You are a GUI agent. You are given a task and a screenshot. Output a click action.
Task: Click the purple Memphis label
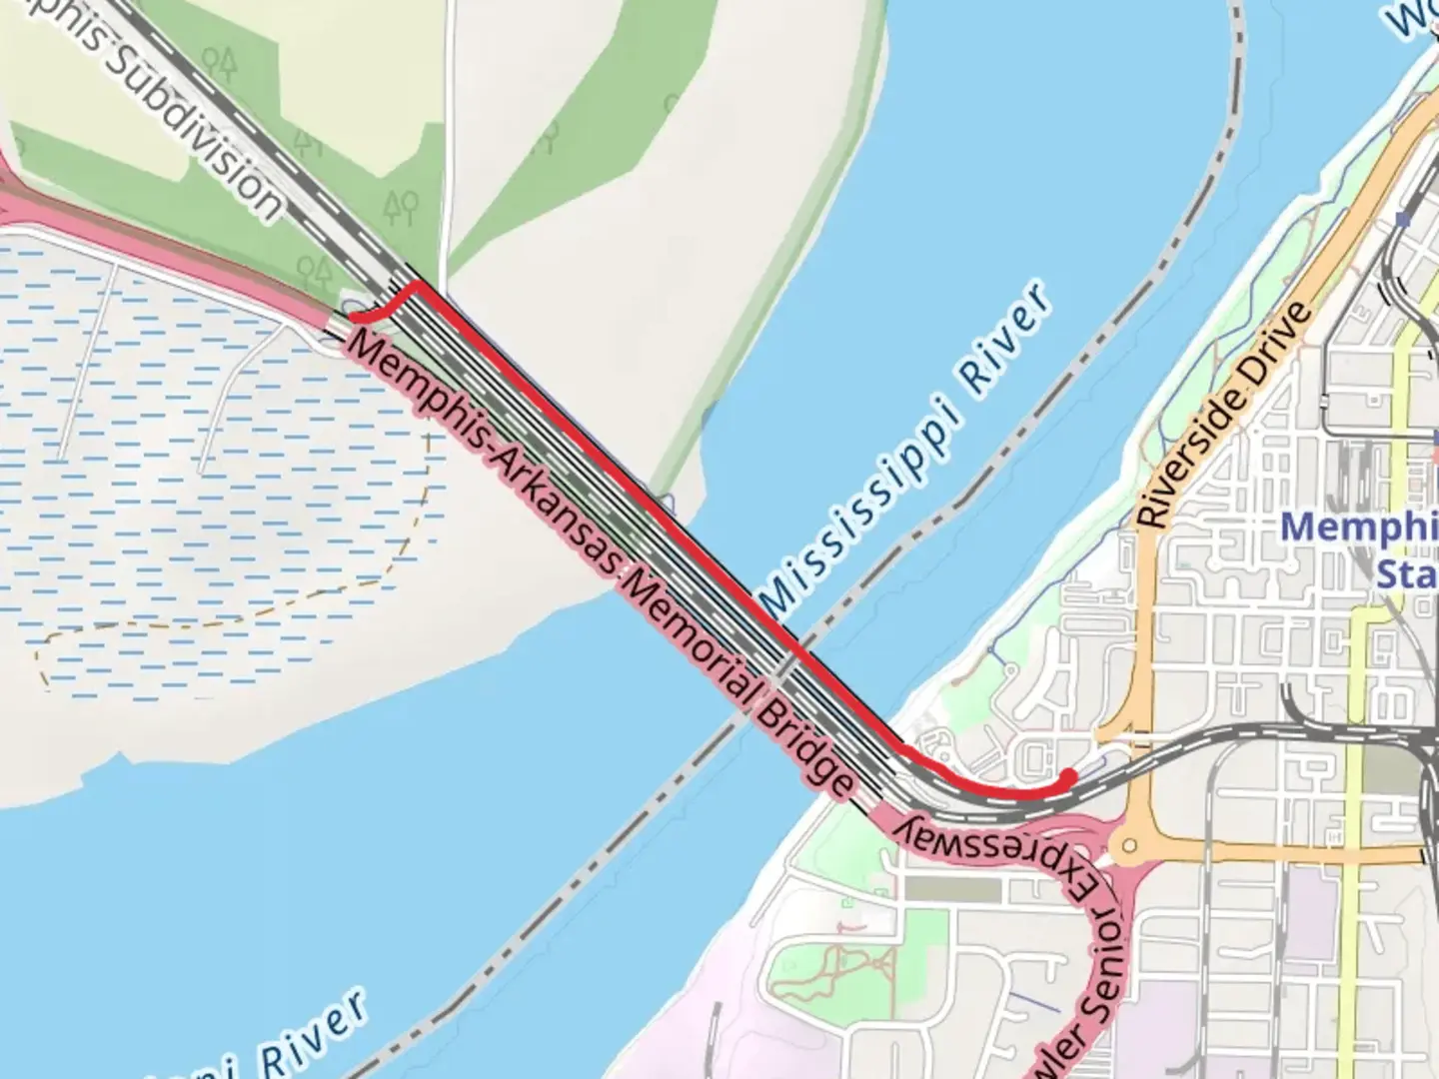click(1359, 528)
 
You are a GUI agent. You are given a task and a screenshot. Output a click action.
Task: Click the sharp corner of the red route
click(416, 285)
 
